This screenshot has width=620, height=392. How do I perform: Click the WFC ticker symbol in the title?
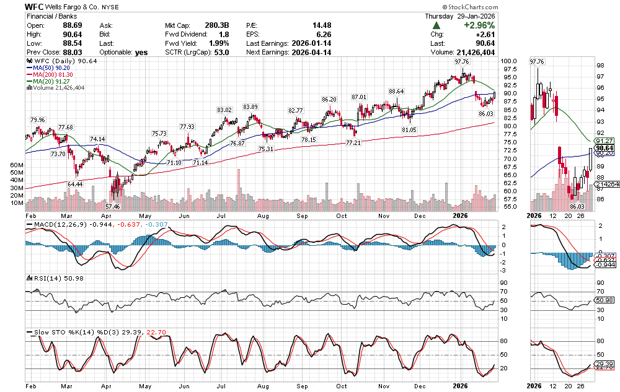point(35,6)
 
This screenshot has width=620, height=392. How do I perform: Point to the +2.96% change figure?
point(479,25)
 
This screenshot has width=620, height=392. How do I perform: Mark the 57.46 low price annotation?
point(112,206)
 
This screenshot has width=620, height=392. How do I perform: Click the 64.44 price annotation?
point(75,184)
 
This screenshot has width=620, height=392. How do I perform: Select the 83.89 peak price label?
point(250,107)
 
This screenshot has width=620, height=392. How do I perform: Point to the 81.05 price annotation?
point(409,129)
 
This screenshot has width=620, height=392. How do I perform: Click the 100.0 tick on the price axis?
point(510,61)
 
